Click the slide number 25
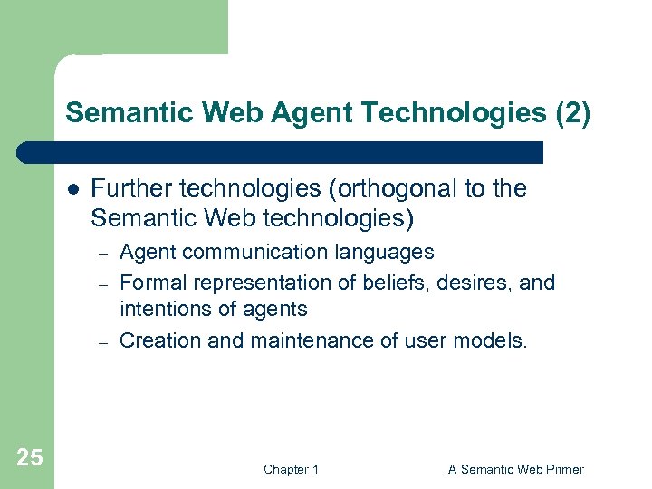(x=30, y=457)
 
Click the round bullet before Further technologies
(x=72, y=189)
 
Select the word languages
(x=384, y=252)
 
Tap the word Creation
(x=153, y=340)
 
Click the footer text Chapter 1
(x=291, y=469)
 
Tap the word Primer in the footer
(x=563, y=469)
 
